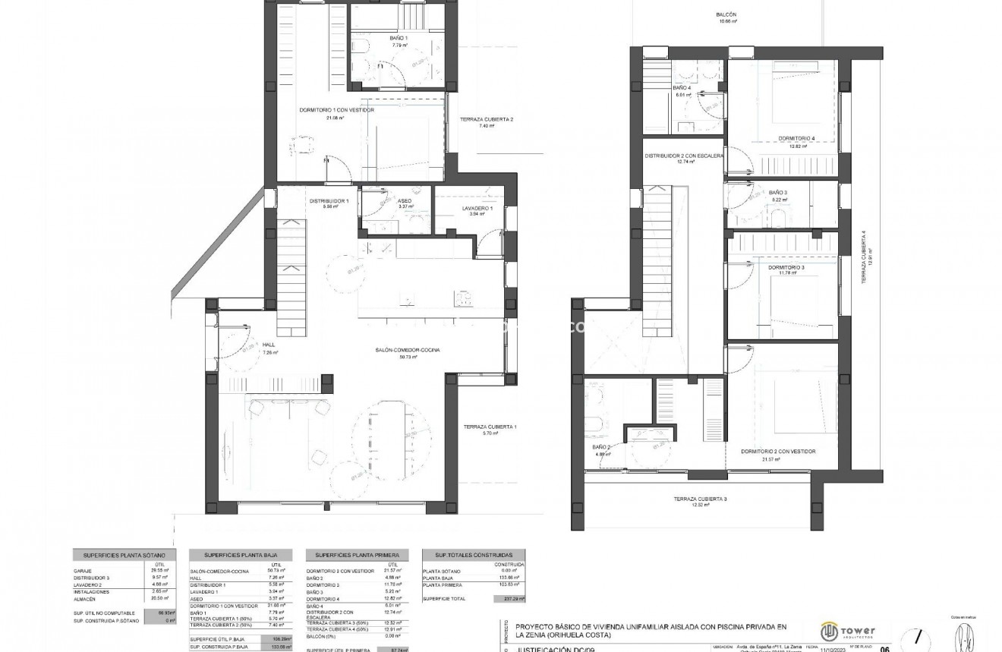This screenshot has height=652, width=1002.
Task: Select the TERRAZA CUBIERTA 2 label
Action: click(x=487, y=119)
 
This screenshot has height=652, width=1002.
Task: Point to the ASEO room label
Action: click(x=405, y=201)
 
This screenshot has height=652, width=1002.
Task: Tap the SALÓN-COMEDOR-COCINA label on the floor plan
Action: click(x=408, y=350)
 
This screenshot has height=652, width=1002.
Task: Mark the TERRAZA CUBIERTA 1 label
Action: click(x=490, y=427)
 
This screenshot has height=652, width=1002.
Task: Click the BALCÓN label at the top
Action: click(x=726, y=15)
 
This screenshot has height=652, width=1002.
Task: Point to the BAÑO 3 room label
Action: click(x=778, y=193)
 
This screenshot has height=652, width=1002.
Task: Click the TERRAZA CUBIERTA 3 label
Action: click(x=700, y=499)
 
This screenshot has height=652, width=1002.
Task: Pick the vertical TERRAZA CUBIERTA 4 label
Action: click(x=863, y=258)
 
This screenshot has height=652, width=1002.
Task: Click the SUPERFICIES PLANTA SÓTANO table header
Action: click(x=124, y=555)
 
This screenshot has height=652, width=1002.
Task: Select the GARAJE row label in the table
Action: click(x=83, y=570)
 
